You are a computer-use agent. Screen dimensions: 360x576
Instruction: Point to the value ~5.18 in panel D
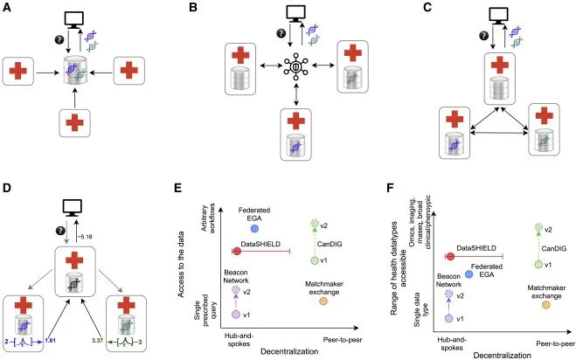108,235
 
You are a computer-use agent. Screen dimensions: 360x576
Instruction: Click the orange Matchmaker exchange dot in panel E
323,301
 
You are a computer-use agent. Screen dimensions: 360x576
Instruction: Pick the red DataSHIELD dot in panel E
236,251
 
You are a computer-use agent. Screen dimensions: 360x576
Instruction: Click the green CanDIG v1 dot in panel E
315,260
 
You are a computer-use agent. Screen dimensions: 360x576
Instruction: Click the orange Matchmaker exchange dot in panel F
547,304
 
